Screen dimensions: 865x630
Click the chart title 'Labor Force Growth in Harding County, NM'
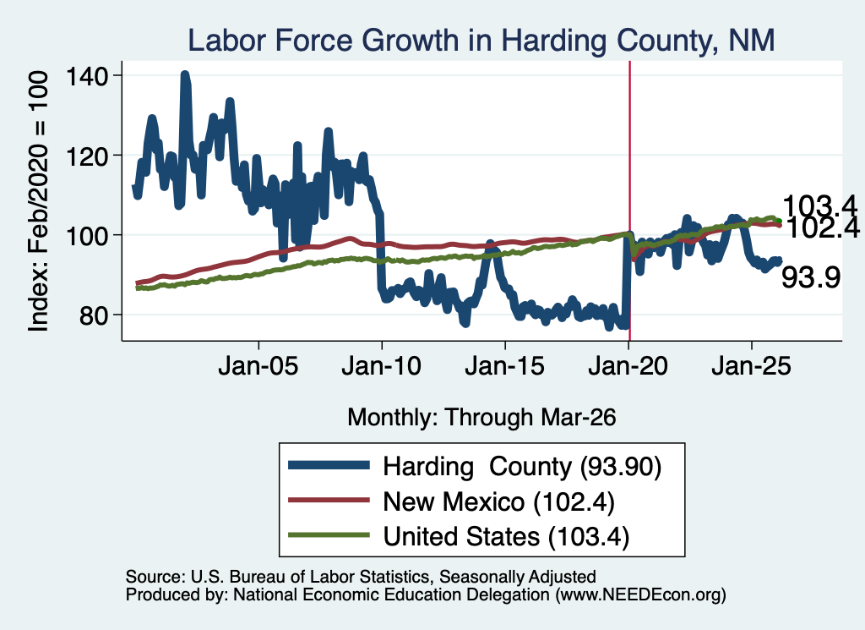pyautogui.click(x=481, y=41)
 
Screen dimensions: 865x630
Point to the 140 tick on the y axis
pyautogui.click(x=87, y=75)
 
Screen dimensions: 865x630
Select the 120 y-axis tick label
pyautogui.click(x=87, y=156)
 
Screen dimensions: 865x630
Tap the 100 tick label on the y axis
pyautogui.click(x=87, y=236)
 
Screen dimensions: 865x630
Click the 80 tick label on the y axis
pyautogui.click(x=94, y=315)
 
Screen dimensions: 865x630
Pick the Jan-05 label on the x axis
pyautogui.click(x=258, y=366)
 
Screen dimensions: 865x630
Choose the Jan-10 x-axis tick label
pyautogui.click(x=382, y=366)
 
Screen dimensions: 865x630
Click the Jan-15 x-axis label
pyautogui.click(x=505, y=366)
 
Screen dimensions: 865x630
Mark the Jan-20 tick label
pyautogui.click(x=628, y=366)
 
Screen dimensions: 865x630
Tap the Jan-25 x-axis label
pyautogui.click(x=751, y=366)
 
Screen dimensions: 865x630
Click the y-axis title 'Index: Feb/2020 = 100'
pyautogui.click(x=38, y=201)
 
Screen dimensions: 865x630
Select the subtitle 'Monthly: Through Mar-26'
pyautogui.click(x=481, y=418)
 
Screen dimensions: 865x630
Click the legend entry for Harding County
pyautogui.click(x=475, y=466)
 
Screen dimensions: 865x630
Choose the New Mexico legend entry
pyautogui.click(x=451, y=501)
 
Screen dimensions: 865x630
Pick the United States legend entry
pyautogui.click(x=459, y=536)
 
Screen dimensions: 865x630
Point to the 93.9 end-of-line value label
pyautogui.click(x=811, y=277)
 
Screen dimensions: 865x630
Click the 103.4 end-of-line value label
pyautogui.click(x=819, y=205)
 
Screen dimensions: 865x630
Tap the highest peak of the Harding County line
pyautogui.click(x=185, y=74)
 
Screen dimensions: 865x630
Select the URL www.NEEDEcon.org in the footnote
pyautogui.click(x=640, y=594)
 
